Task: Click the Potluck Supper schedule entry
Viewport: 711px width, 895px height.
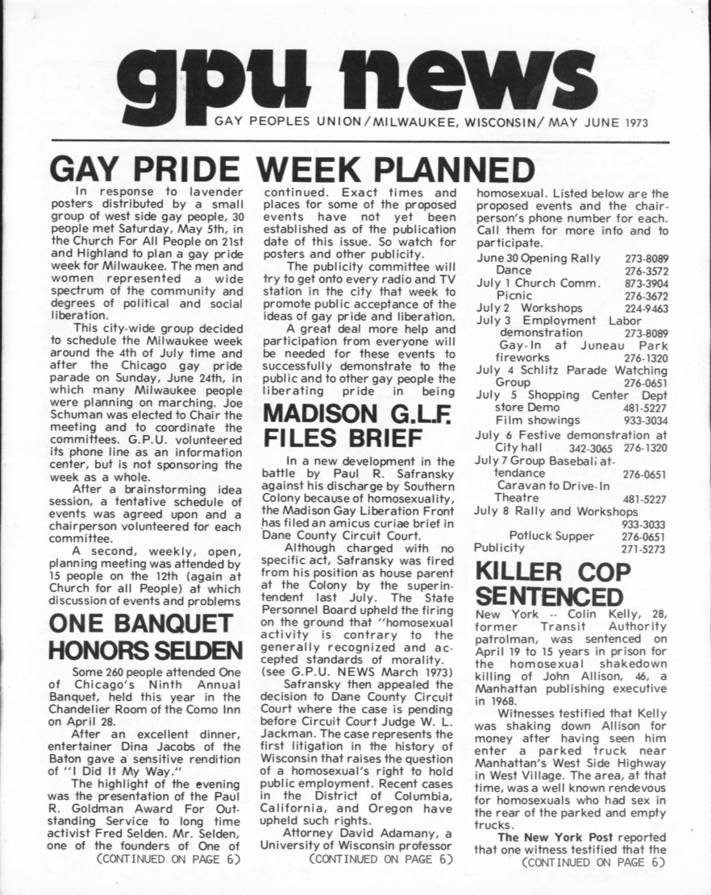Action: click(x=551, y=535)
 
